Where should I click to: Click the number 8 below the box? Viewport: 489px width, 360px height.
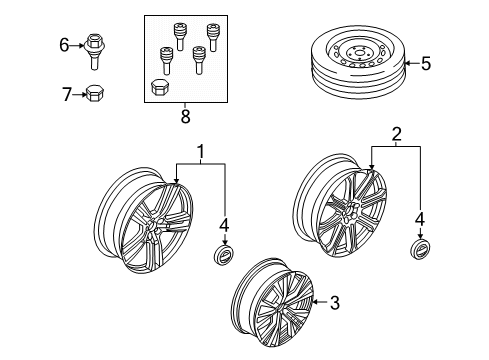pyautogui.click(x=184, y=116)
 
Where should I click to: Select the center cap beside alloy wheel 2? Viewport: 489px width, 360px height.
pyautogui.click(x=419, y=249)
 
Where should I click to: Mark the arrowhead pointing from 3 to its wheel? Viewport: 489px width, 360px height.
pyautogui.click(x=314, y=301)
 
